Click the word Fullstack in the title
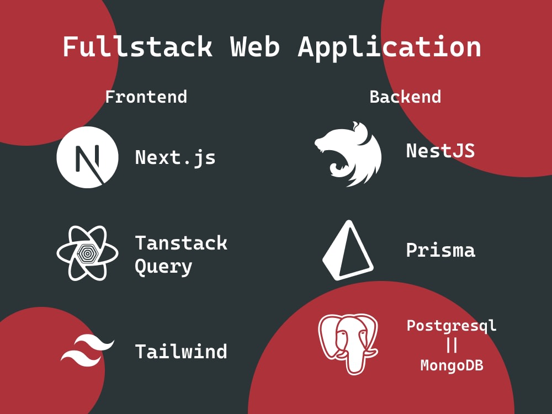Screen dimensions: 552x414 click(x=137, y=46)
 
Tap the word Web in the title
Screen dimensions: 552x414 click(x=255, y=46)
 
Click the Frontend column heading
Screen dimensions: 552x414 click(x=146, y=97)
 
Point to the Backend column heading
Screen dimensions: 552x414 click(x=405, y=97)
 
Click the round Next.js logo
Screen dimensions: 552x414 click(x=87, y=157)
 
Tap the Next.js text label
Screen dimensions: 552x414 click(x=176, y=157)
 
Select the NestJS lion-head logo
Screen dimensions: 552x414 click(x=348, y=154)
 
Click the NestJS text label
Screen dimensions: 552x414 click(x=440, y=151)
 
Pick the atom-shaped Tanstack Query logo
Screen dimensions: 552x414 click(x=87, y=253)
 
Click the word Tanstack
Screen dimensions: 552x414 click(x=181, y=243)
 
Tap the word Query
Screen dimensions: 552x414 click(x=164, y=267)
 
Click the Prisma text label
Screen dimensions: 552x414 click(x=440, y=250)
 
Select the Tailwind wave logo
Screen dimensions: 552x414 click(x=87, y=349)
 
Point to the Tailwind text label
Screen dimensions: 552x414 click(x=181, y=351)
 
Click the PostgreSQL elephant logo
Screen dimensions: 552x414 click(x=348, y=344)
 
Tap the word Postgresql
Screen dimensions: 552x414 click(x=452, y=326)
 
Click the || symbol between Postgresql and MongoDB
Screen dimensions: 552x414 click(x=452, y=345)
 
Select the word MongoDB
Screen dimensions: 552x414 click(x=452, y=365)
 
